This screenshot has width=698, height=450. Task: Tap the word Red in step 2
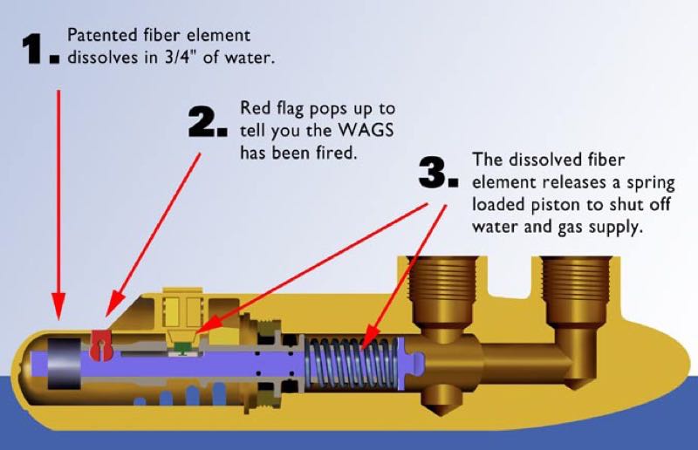pyautogui.click(x=255, y=110)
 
